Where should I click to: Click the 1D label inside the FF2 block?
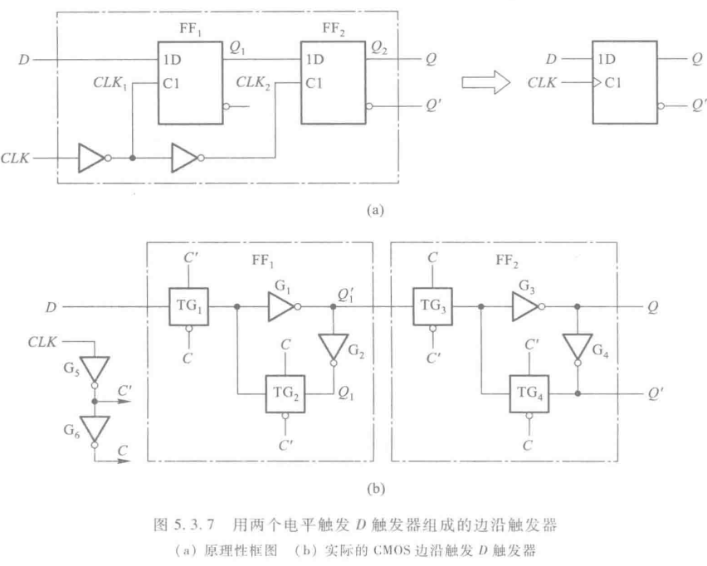click(314, 61)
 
